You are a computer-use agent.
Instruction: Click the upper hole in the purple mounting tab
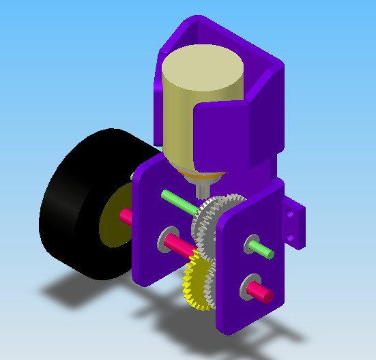coord(291,213)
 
